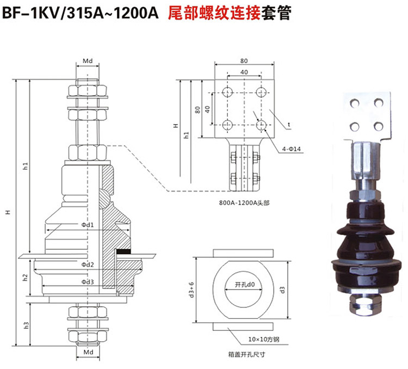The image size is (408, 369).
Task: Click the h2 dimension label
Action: [25, 277]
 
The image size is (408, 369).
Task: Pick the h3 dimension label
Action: [25, 324]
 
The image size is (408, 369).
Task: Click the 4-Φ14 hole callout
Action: [292, 149]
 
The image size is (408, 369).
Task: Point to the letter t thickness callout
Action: [289, 125]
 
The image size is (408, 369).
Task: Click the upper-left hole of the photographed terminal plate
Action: [355, 102]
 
